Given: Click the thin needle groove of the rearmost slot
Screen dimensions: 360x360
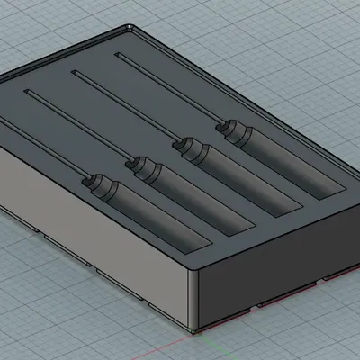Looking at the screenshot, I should (x=171, y=91).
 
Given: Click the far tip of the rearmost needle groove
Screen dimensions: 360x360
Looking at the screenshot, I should (x=117, y=57).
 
